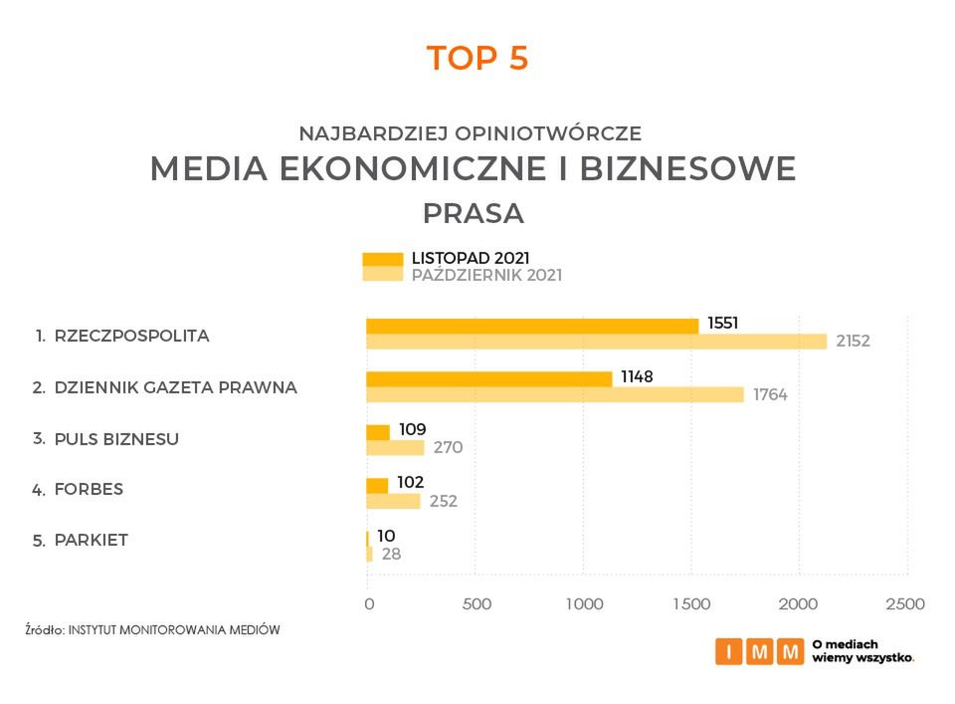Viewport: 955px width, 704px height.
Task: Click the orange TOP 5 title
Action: (477, 58)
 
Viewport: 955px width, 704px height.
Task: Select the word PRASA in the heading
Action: (474, 214)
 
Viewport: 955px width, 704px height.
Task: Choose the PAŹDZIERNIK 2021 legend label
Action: (486, 276)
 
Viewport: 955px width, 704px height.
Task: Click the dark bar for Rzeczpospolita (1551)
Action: (532, 326)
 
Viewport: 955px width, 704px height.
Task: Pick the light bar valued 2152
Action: (596, 342)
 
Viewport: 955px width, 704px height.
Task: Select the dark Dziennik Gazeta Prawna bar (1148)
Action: (488, 378)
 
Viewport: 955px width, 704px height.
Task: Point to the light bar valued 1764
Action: (554, 394)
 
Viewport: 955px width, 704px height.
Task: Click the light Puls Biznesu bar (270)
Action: (395, 448)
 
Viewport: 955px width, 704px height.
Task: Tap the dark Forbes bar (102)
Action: (377, 485)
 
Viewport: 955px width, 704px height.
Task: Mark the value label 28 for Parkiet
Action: (391, 554)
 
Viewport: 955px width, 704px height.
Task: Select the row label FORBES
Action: (89, 489)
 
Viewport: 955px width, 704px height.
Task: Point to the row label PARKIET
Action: (92, 541)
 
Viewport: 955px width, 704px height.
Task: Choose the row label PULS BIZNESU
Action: (116, 437)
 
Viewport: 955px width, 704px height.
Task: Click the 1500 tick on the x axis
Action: (691, 603)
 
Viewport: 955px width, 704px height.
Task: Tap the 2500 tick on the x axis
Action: (905, 603)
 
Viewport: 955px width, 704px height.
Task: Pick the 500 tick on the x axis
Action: (477, 603)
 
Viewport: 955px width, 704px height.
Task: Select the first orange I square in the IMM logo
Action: (729, 652)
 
